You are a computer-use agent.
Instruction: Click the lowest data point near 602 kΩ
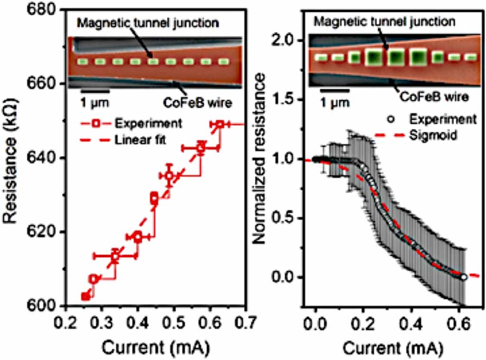point(86,297)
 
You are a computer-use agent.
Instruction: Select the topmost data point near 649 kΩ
point(220,124)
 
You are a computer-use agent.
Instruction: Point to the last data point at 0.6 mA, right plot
point(463,277)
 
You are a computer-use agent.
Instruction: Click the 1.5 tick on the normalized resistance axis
point(290,99)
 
